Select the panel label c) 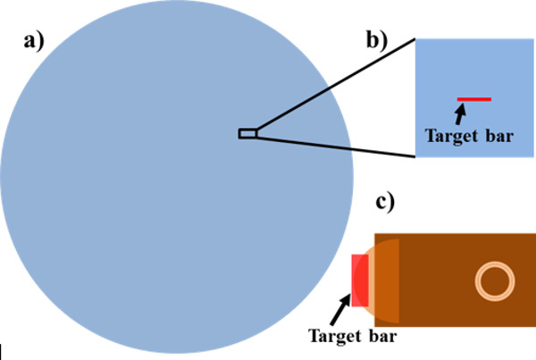tap(386, 204)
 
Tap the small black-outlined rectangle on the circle tap(247, 133)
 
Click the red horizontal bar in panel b tap(473, 98)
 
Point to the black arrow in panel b tap(460, 113)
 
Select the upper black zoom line tap(335, 86)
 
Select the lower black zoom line tap(335, 146)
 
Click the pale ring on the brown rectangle tap(494, 280)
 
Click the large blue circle tap(170, 197)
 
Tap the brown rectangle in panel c tap(447, 259)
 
